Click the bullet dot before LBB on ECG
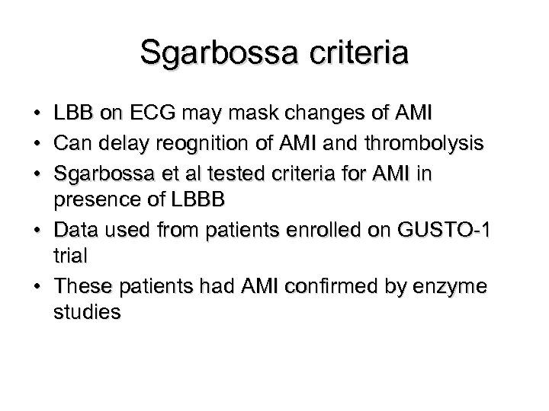pos(37,115)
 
